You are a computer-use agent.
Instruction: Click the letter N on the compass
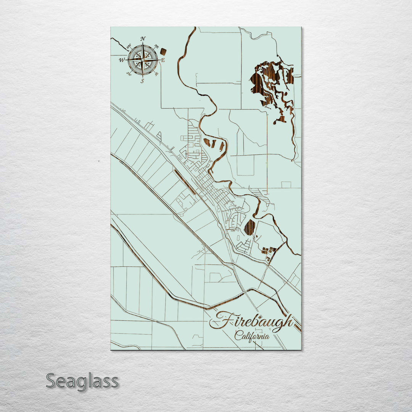(x=143, y=39)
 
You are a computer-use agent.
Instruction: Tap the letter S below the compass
(x=142, y=81)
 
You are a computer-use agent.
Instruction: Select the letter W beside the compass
(x=122, y=60)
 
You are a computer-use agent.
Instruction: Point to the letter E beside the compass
(x=163, y=60)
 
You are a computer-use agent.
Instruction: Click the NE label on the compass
(x=156, y=47)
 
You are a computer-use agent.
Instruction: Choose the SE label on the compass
(x=156, y=74)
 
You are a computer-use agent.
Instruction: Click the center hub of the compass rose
(x=143, y=60)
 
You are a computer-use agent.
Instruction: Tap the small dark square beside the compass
(x=163, y=51)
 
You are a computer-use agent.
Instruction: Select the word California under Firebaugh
(x=252, y=336)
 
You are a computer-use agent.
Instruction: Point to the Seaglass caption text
(x=82, y=381)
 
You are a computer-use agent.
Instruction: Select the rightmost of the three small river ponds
(x=221, y=145)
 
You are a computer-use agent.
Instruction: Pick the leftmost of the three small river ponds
(x=207, y=143)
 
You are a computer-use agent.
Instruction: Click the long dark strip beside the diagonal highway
(x=185, y=182)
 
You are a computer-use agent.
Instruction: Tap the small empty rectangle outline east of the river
(x=286, y=185)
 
